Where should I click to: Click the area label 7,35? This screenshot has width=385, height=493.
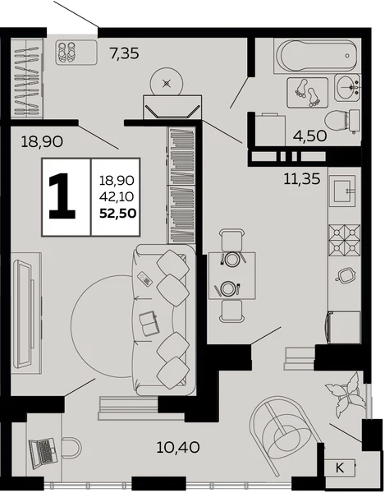coord(124,53)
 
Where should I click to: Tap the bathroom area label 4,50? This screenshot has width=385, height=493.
coord(310,136)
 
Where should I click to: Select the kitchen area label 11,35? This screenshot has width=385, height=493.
coord(302,179)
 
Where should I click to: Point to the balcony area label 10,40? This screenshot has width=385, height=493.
coord(178,447)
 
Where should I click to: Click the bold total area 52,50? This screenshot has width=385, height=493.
coord(117,214)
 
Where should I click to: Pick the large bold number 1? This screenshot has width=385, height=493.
coord(62,196)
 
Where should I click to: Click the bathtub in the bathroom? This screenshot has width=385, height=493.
coord(317,56)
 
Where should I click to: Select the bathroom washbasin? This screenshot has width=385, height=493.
coord(347,87)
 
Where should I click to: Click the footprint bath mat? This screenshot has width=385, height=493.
coord(308,93)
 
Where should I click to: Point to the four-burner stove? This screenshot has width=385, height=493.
coord(345,240)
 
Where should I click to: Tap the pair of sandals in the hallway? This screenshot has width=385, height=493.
coord(66,52)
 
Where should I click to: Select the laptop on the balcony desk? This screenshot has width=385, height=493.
coord(43,451)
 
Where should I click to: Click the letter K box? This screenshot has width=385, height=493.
coord(340,468)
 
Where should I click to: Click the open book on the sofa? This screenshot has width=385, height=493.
coord(149,323)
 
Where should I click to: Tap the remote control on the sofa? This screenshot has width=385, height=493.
coord(144,279)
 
